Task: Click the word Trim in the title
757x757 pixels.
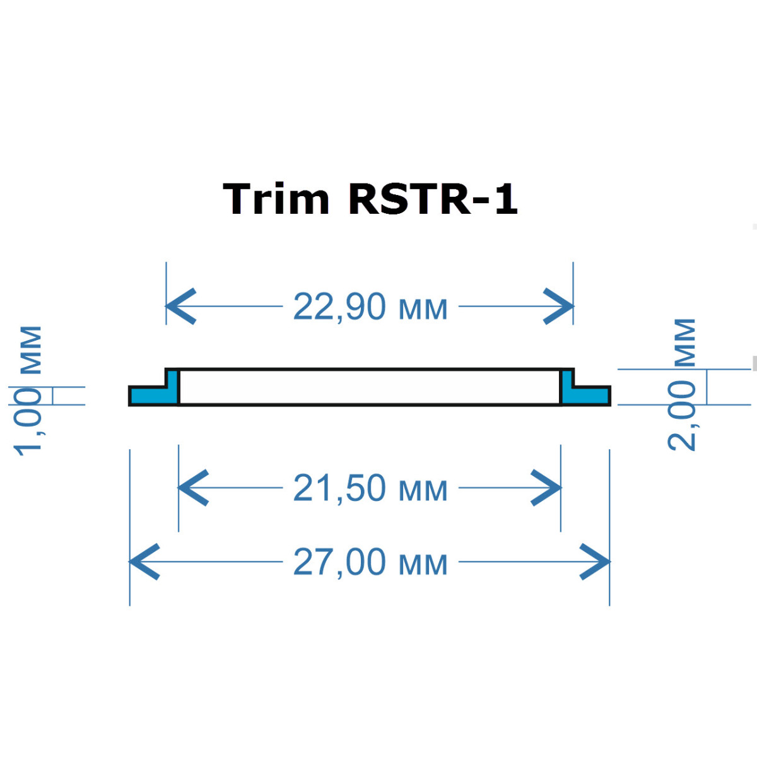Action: tap(276, 199)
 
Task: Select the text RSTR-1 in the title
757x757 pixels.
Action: tap(433, 199)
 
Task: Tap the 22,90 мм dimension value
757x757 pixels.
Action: tap(370, 307)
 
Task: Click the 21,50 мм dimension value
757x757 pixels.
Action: tap(370, 488)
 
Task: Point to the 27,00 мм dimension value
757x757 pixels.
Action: tap(370, 562)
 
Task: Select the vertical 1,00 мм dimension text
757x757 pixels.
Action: tap(29, 390)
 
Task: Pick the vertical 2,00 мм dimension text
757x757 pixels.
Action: tap(683, 384)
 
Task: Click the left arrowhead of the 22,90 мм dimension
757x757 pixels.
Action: tap(179, 307)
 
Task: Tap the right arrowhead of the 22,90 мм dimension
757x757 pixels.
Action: tap(560, 307)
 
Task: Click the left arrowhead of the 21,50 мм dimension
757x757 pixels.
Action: tap(192, 488)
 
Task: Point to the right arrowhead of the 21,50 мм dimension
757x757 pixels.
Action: tap(548, 488)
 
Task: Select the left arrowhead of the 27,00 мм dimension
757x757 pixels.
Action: tap(143, 561)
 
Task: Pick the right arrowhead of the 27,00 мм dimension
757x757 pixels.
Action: tap(597, 561)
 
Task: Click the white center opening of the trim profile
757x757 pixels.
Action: tap(370, 387)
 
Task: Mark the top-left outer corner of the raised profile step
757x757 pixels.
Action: tap(166, 369)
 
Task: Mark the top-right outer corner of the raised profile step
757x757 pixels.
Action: tap(573, 369)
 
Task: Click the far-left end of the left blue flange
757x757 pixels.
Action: tap(130, 396)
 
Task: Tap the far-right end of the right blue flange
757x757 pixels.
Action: tap(609, 396)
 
